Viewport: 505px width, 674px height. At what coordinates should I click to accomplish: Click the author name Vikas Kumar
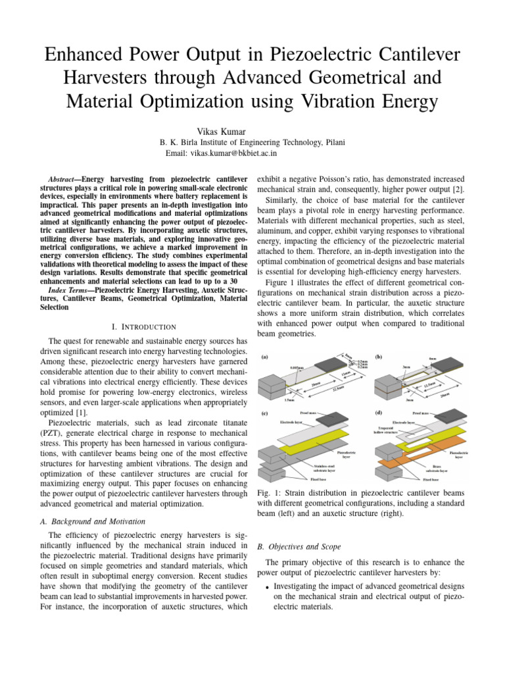[252, 132]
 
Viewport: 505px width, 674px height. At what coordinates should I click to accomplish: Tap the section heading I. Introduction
[143, 326]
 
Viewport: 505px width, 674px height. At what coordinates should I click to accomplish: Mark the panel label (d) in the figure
[379, 413]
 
